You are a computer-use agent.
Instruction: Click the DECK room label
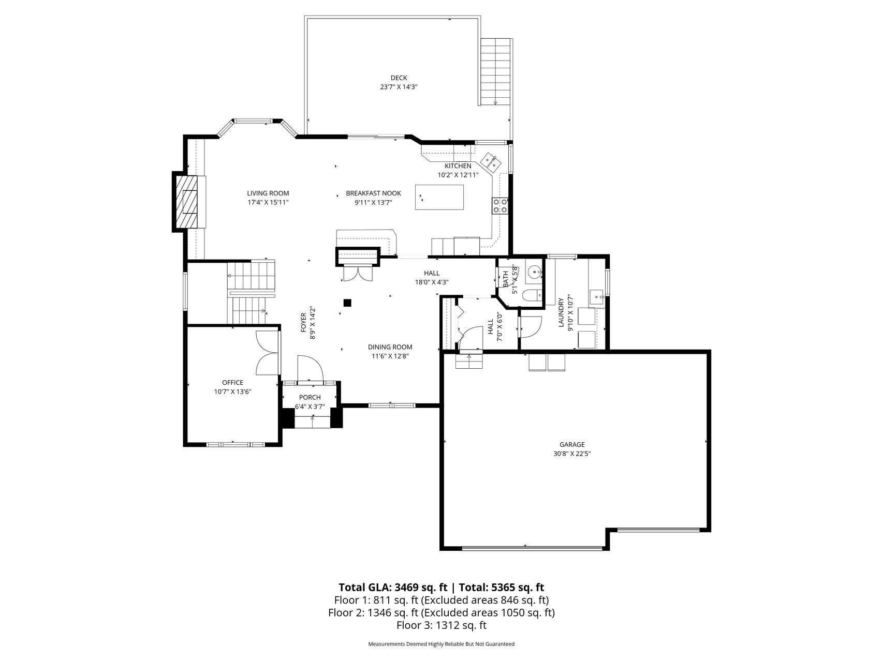(399, 78)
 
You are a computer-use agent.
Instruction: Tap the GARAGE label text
(572, 444)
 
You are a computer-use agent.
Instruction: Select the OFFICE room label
(232, 383)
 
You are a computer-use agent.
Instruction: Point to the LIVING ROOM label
(268, 193)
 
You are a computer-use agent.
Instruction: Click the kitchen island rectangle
(439, 197)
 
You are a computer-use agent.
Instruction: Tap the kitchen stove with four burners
(500, 206)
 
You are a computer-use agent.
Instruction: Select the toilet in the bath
(532, 295)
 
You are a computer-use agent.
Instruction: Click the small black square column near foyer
(348, 303)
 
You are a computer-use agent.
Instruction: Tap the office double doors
(267, 352)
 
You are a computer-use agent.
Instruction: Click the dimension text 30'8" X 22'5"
(572, 454)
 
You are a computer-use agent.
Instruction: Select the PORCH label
(310, 397)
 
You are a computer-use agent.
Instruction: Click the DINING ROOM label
(390, 347)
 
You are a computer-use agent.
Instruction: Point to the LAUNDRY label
(561, 312)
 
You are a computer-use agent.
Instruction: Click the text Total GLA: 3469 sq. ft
(393, 587)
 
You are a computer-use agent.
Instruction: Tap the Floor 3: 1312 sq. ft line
(441, 625)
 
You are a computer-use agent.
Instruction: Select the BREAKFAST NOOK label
(373, 193)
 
